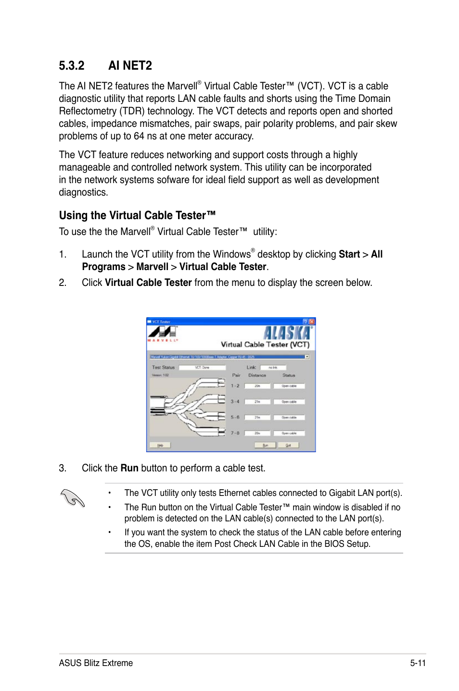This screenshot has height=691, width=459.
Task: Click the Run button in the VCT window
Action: [265, 445]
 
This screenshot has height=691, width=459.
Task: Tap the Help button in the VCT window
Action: [160, 445]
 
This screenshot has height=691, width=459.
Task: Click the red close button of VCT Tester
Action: [312, 321]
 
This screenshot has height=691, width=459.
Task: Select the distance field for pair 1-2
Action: [257, 386]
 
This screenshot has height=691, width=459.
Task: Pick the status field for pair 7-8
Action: [289, 433]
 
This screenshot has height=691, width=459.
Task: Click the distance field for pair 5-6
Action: [257, 417]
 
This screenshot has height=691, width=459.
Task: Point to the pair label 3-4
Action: [235, 401]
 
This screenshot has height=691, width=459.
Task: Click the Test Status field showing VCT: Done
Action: [202, 367]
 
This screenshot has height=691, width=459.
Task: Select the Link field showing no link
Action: [273, 367]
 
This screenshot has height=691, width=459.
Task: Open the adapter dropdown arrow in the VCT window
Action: [307, 357]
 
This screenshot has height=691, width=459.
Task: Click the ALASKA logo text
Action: [287, 333]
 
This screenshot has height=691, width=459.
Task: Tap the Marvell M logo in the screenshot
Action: [162, 332]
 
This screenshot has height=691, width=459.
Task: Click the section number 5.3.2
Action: [72, 65]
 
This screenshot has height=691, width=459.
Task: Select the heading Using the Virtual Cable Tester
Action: [137, 215]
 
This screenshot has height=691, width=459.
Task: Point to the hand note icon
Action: [73, 498]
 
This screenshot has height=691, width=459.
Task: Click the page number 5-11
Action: [418, 663]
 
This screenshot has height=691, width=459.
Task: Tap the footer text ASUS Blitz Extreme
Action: [96, 663]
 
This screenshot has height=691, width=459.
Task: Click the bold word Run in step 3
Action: [129, 468]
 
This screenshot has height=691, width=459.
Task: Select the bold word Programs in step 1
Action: [103, 267]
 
